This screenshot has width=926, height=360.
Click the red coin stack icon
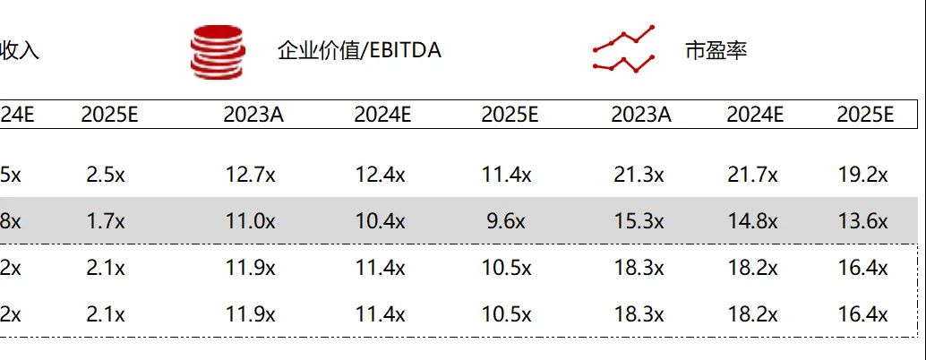(216, 52)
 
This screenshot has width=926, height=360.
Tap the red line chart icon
(624, 50)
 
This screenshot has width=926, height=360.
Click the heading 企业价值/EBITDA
(359, 51)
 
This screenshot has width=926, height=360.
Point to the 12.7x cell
(249, 176)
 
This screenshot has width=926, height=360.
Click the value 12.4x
(380, 176)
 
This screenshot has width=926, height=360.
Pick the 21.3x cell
(639, 176)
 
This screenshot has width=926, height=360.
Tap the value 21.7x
(752, 176)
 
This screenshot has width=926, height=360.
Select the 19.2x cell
(862, 176)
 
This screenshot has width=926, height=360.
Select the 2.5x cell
(106, 176)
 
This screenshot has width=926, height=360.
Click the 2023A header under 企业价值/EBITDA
(253, 115)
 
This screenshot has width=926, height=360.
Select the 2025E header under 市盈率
(865, 115)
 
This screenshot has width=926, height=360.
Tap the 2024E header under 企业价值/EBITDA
(382, 115)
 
